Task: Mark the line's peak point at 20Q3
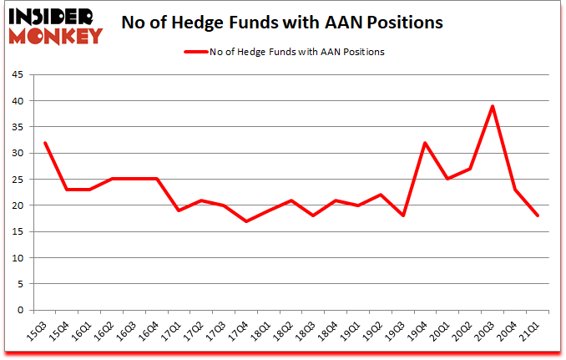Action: point(493,106)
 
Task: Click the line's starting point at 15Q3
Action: point(44,143)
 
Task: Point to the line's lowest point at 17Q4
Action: point(246,221)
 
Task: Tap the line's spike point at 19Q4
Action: point(426,143)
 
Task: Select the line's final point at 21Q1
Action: point(538,215)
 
